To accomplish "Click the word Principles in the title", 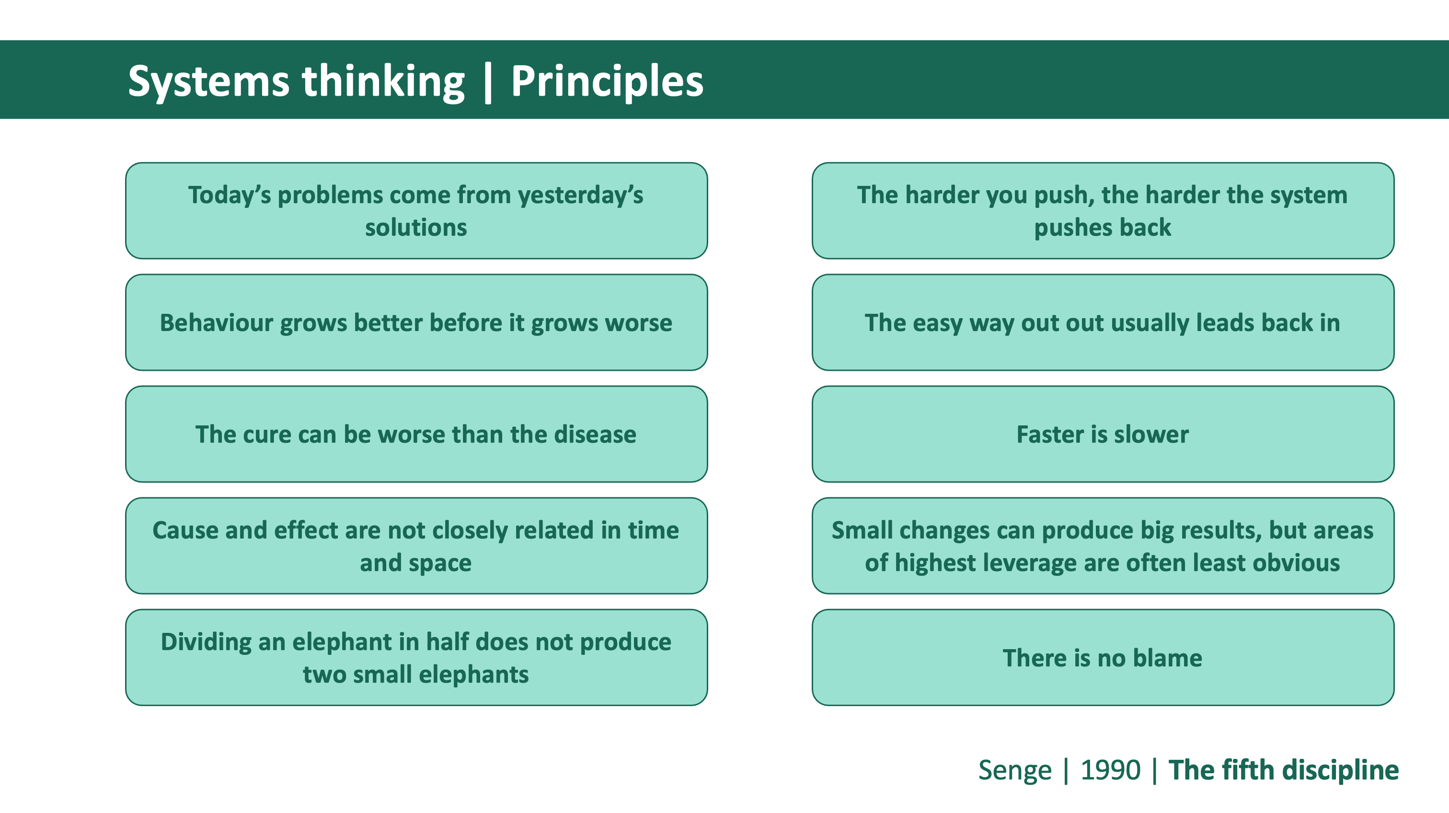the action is (607, 81).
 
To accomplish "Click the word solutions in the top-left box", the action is (416, 227).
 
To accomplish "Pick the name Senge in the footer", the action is (1015, 771).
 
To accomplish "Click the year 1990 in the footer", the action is (1110, 770).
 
